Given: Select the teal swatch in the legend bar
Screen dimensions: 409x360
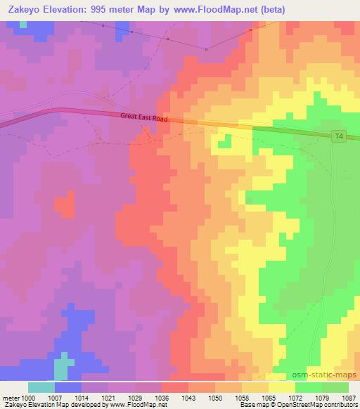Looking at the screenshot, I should (41, 387).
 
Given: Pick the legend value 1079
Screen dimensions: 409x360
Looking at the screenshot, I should (322, 398).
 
